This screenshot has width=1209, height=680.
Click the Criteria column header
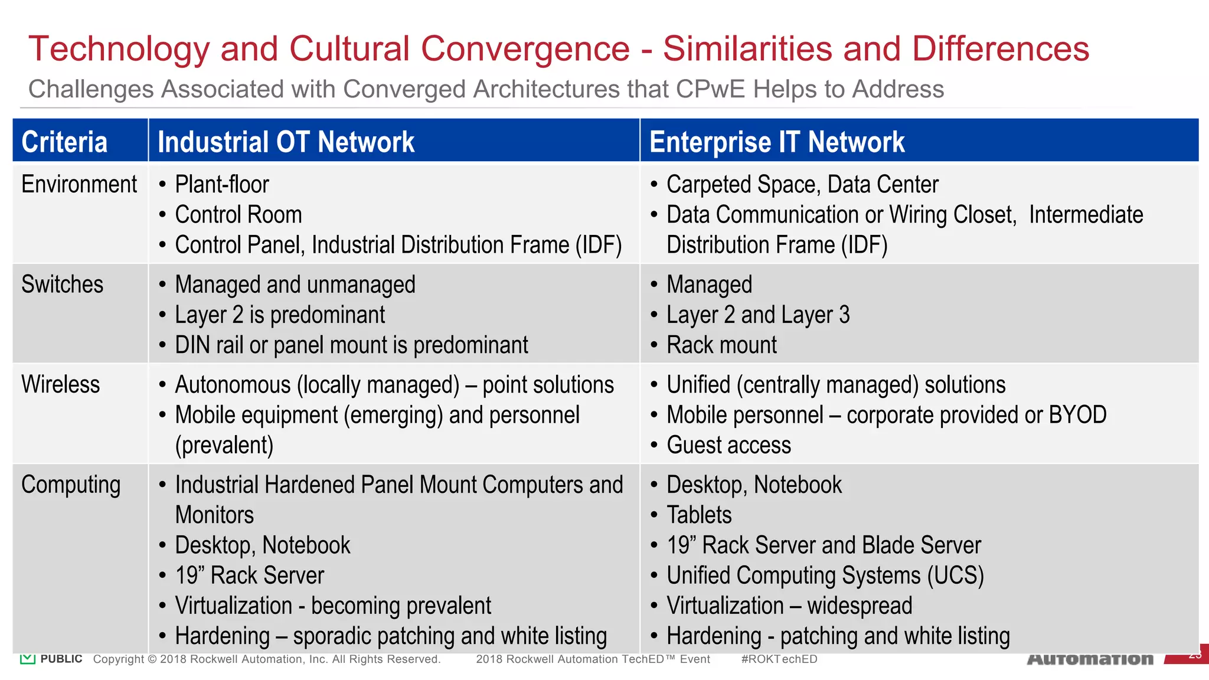(64, 142)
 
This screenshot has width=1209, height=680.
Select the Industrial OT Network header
(286, 142)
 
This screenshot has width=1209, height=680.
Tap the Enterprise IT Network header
(777, 142)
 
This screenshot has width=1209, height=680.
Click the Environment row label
(79, 185)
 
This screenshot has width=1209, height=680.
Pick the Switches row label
(63, 285)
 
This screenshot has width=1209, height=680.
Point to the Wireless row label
(61, 384)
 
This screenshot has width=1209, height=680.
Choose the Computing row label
(71, 485)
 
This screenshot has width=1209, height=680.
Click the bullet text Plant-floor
(222, 185)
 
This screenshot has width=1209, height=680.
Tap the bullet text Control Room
(238, 215)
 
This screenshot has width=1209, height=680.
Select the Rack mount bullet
(721, 345)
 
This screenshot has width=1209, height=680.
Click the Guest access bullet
(728, 445)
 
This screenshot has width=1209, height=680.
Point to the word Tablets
(699, 515)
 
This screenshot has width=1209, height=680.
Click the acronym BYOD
(1077, 415)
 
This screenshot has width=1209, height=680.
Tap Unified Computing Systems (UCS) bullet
(825, 576)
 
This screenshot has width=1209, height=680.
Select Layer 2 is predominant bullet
(280, 315)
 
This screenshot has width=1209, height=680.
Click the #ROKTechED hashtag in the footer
(779, 659)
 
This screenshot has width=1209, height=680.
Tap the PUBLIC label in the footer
(61, 659)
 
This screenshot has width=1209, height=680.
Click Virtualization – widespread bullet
(789, 606)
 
